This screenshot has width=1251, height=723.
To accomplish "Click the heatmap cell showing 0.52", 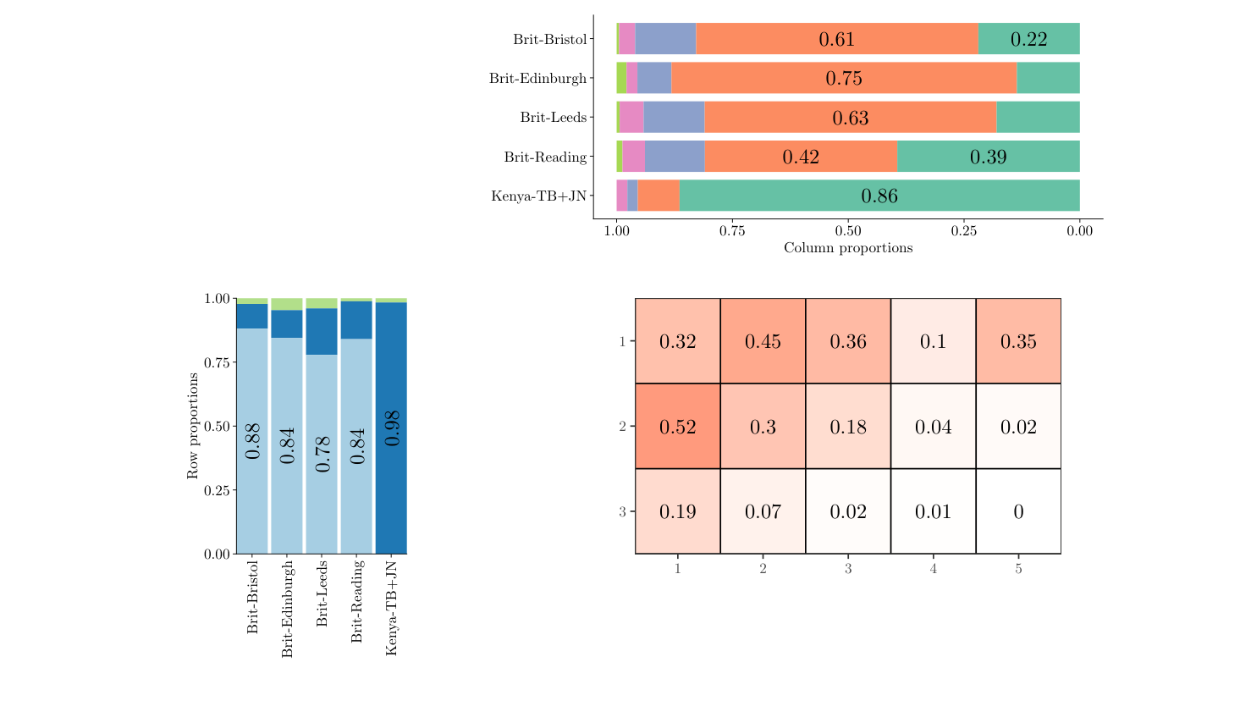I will click(x=677, y=426).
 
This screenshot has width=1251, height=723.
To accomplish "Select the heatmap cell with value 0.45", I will click(x=763, y=341).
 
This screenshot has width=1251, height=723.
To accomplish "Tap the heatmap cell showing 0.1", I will click(x=933, y=341).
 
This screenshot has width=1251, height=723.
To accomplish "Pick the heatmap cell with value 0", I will click(x=1018, y=511).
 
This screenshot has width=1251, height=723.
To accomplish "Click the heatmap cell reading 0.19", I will click(x=677, y=511).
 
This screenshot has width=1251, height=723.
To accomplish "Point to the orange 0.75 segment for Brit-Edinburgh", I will click(x=844, y=78).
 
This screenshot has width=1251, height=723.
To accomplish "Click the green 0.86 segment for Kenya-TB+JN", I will click(x=879, y=196).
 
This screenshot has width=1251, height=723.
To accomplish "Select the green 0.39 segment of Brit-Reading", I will click(x=988, y=157).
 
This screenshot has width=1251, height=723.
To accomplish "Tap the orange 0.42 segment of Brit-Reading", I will click(x=801, y=157).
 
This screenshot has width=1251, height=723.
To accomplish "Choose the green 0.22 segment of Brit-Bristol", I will click(x=1028, y=39).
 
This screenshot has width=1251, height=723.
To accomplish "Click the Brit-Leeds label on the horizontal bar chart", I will click(x=553, y=118).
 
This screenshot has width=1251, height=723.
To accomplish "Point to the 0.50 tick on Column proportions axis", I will click(x=848, y=230).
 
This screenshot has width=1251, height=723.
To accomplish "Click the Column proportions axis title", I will click(x=848, y=248).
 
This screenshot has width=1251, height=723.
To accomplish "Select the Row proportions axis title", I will click(x=193, y=426).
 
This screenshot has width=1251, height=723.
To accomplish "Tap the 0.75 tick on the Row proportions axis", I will click(x=218, y=362).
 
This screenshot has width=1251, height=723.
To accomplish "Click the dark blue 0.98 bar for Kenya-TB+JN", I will click(x=391, y=428).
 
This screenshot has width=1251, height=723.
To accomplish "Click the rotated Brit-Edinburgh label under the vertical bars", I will click(x=287, y=609).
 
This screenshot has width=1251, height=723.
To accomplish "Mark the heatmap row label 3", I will click(x=622, y=511).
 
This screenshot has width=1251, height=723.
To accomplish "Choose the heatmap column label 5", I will click(x=1018, y=569).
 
